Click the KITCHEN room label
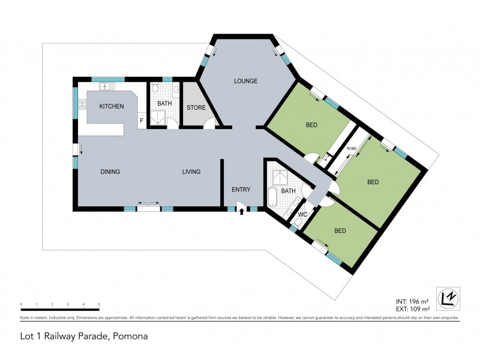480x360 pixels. tap(112, 106)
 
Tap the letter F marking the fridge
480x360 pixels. tap(141, 121)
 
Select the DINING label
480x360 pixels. tap(110, 172)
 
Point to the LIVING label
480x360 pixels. tap(191, 172)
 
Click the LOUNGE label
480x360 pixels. tap(246, 81)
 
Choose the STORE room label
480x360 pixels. tap(196, 108)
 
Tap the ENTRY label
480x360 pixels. tap(241, 190)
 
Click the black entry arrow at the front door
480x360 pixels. tap(241, 211)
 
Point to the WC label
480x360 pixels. tap(302, 214)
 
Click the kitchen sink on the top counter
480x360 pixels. tap(108, 87)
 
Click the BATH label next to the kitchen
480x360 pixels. tap(164, 103)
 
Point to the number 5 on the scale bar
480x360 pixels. tap(99, 304)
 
